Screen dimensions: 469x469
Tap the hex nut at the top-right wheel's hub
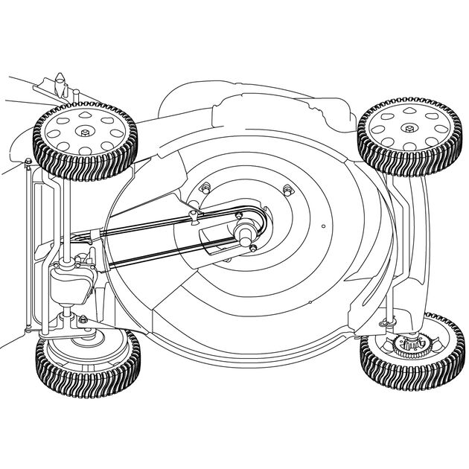[x=408, y=128]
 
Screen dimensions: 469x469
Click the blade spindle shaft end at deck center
[x=243, y=233]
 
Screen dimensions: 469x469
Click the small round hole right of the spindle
[x=323, y=226]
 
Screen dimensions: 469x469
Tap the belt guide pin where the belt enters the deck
[x=193, y=216]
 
